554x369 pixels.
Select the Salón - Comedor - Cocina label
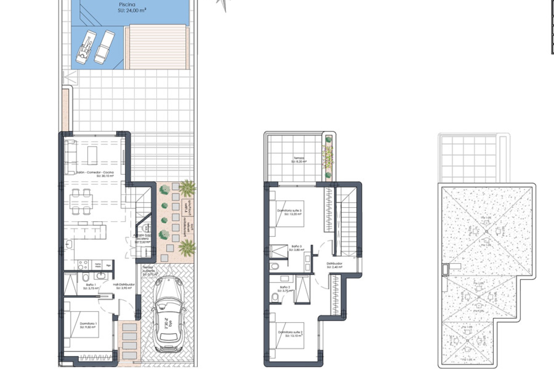pyautogui.click(x=95, y=172)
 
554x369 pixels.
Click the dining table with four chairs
pyautogui.click(x=81, y=201)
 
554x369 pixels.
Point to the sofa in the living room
pyautogui.click(x=70, y=157)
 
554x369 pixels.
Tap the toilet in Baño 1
pyautogui.click(x=85, y=277)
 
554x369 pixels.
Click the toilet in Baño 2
pyautogui.click(x=275, y=297)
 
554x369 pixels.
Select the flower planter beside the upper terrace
pyautogui.click(x=328, y=157)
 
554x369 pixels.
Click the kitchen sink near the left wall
pyautogui.click(x=69, y=244)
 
